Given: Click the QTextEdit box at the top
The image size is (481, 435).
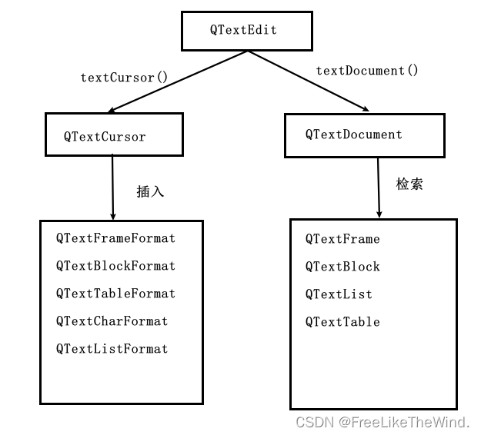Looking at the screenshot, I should pyautogui.click(x=246, y=31).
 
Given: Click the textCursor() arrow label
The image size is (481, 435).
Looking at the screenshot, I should pyautogui.click(x=124, y=78).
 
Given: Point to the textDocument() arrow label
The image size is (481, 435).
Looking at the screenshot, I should pyautogui.click(x=367, y=71).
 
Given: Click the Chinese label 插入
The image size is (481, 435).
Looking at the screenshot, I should pyautogui.click(x=150, y=191).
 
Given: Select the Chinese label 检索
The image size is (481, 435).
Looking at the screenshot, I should pyautogui.click(x=409, y=184).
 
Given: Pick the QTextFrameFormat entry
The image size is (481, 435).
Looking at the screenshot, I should pyautogui.click(x=115, y=238).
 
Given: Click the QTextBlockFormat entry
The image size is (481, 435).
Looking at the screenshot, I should pyautogui.click(x=115, y=266).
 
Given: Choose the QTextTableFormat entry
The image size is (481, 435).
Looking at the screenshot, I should pyautogui.click(x=115, y=294).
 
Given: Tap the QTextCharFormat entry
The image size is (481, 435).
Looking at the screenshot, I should pyautogui.click(x=112, y=321).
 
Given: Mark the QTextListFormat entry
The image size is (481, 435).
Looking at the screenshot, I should pyautogui.click(x=112, y=349).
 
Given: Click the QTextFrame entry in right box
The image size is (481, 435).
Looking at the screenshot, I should pyautogui.click(x=342, y=239).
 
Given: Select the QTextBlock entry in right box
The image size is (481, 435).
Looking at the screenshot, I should pyautogui.click(x=342, y=267).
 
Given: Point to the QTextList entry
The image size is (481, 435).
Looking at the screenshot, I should pyautogui.click(x=339, y=294).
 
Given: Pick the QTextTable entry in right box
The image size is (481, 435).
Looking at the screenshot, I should pyautogui.click(x=342, y=322).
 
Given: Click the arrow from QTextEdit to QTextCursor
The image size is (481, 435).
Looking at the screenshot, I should pyautogui.click(x=180, y=81).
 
